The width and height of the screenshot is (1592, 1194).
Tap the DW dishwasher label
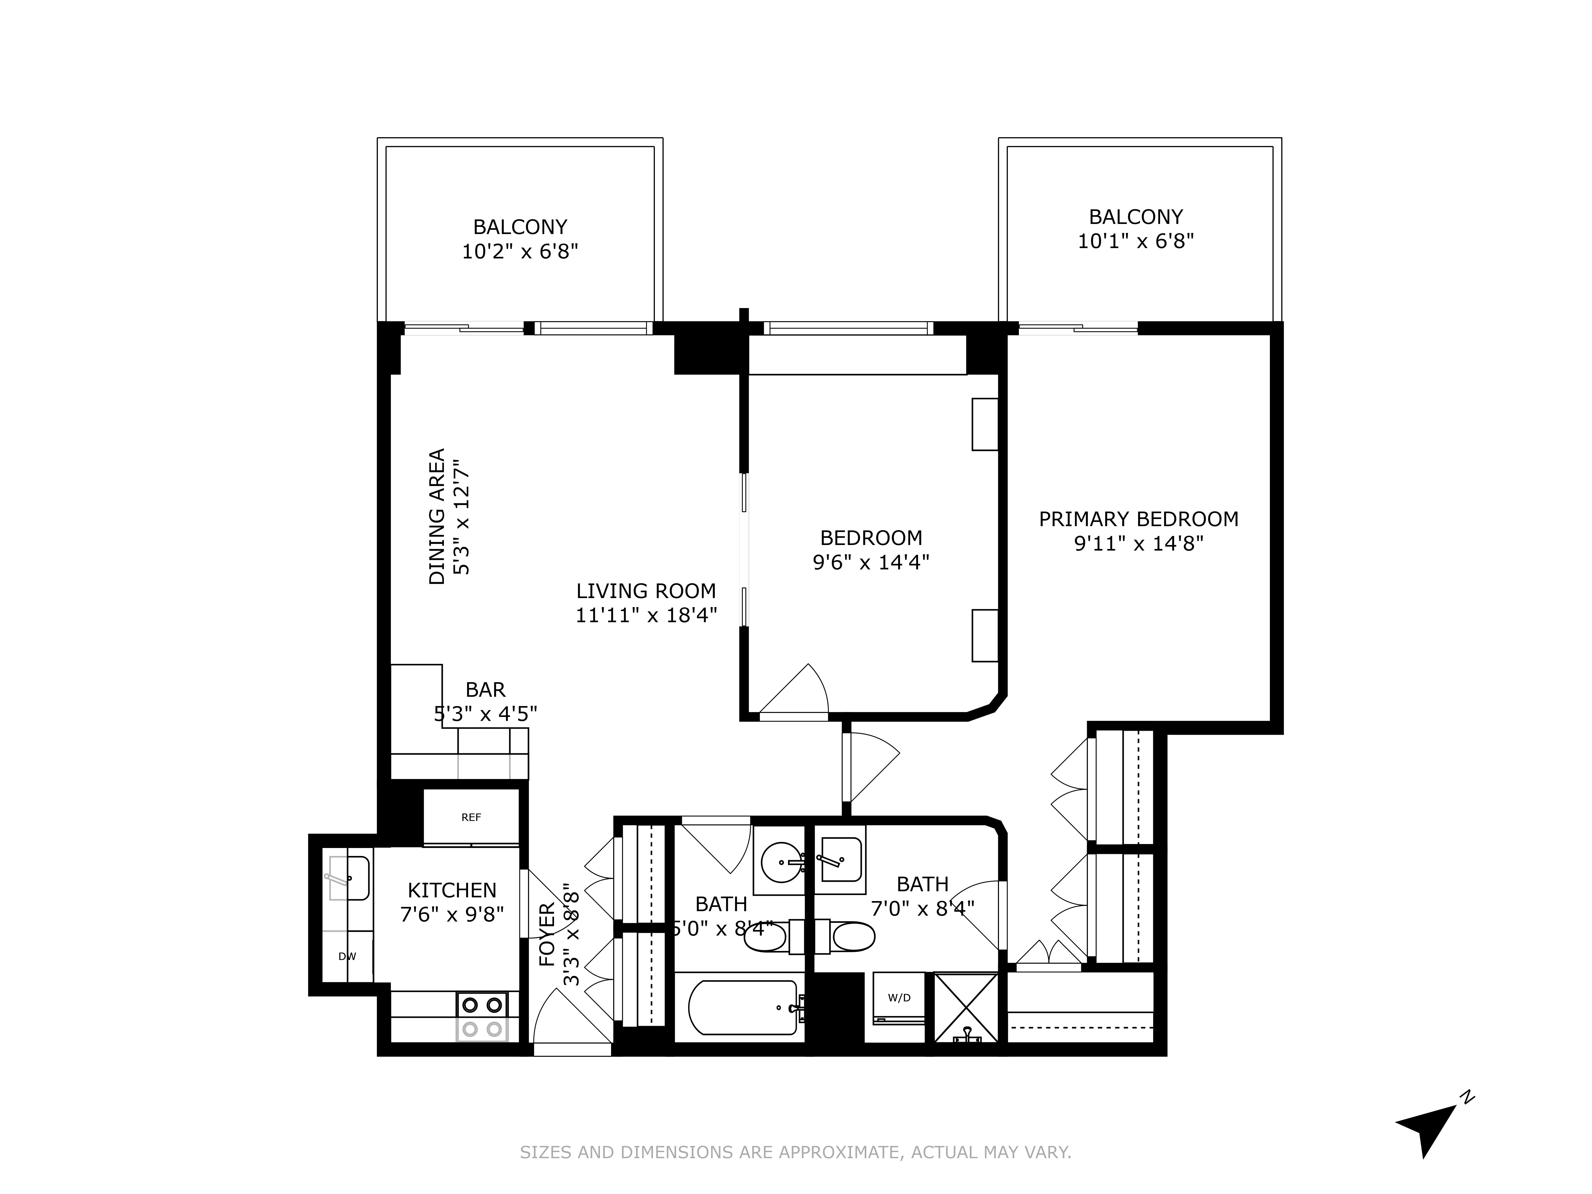(x=347, y=957)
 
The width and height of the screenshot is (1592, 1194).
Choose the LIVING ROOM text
(x=646, y=591)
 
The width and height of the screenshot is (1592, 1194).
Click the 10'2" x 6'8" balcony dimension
(x=520, y=251)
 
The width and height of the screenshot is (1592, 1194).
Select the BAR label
(x=485, y=690)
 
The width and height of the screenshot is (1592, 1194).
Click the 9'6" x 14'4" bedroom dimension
(x=871, y=562)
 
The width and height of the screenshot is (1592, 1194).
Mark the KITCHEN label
(x=452, y=890)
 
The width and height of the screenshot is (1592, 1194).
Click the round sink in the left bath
(x=781, y=861)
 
